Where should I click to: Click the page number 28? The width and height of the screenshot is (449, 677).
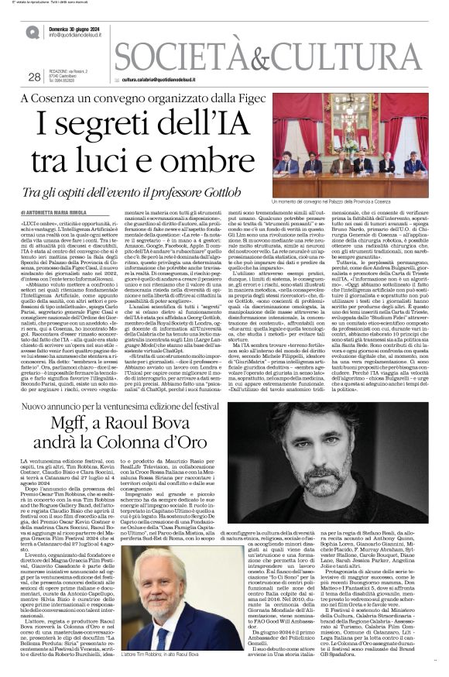(x=33, y=77)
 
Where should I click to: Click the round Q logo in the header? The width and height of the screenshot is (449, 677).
(x=33, y=32)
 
